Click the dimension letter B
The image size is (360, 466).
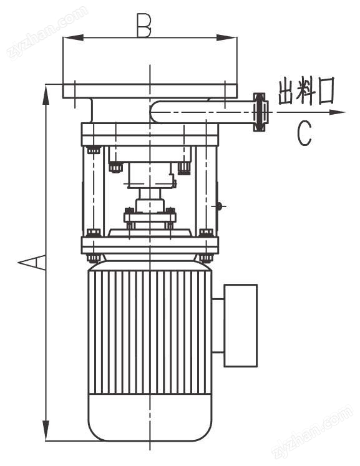tap(144, 25)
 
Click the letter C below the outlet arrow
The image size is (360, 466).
tap(304, 133)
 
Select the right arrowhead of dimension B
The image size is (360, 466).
tap(227, 38)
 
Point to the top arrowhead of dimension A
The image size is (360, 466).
tap(46, 94)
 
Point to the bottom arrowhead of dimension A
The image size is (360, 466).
tap(46, 430)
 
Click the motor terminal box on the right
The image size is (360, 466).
tap(240, 326)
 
